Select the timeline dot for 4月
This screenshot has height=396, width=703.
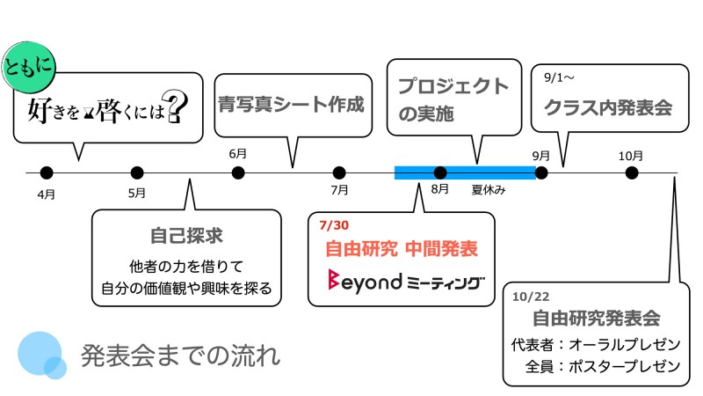[47, 172]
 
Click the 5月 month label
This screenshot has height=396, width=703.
[136, 193]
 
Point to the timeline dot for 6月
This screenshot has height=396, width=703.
[237, 172]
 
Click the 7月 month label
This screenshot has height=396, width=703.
[339, 189]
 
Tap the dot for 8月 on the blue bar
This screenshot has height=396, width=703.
[440, 172]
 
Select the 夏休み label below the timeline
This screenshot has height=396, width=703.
[489, 189]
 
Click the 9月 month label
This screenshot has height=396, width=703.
[541, 155]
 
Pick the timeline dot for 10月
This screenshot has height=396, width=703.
[631, 172]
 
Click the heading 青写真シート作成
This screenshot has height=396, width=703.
[291, 106]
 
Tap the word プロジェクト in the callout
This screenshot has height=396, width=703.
[453, 86]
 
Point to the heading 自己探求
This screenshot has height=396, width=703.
[185, 236]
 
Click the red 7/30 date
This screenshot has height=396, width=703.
[337, 225]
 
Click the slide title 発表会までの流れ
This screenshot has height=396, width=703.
[180, 356]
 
